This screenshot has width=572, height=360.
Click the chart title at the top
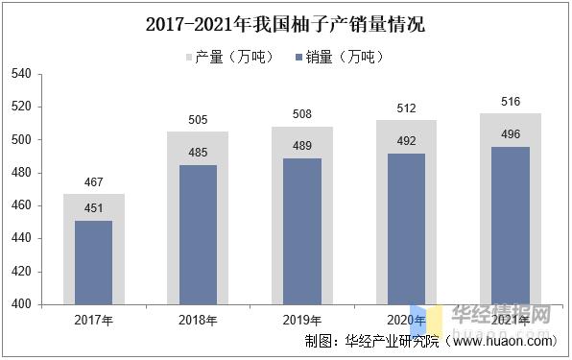tap(285, 25)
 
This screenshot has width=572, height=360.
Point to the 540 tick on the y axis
tap(20, 74)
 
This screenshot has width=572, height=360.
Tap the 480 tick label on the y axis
tap(20, 173)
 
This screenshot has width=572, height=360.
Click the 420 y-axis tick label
tap(20, 272)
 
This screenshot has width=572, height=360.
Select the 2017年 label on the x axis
tap(93, 320)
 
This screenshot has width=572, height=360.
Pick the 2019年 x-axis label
tap(302, 320)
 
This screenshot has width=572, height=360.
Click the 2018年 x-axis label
tap(198, 320)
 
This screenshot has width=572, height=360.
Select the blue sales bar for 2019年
tap(302, 230)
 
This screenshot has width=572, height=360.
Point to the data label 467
tap(93, 182)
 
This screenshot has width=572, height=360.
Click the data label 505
tap(198, 120)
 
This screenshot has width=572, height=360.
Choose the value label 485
tap(198, 153)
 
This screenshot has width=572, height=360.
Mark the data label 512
tap(407, 108)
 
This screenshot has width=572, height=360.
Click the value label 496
tap(511, 134)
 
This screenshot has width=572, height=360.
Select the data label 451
tap(93, 208)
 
